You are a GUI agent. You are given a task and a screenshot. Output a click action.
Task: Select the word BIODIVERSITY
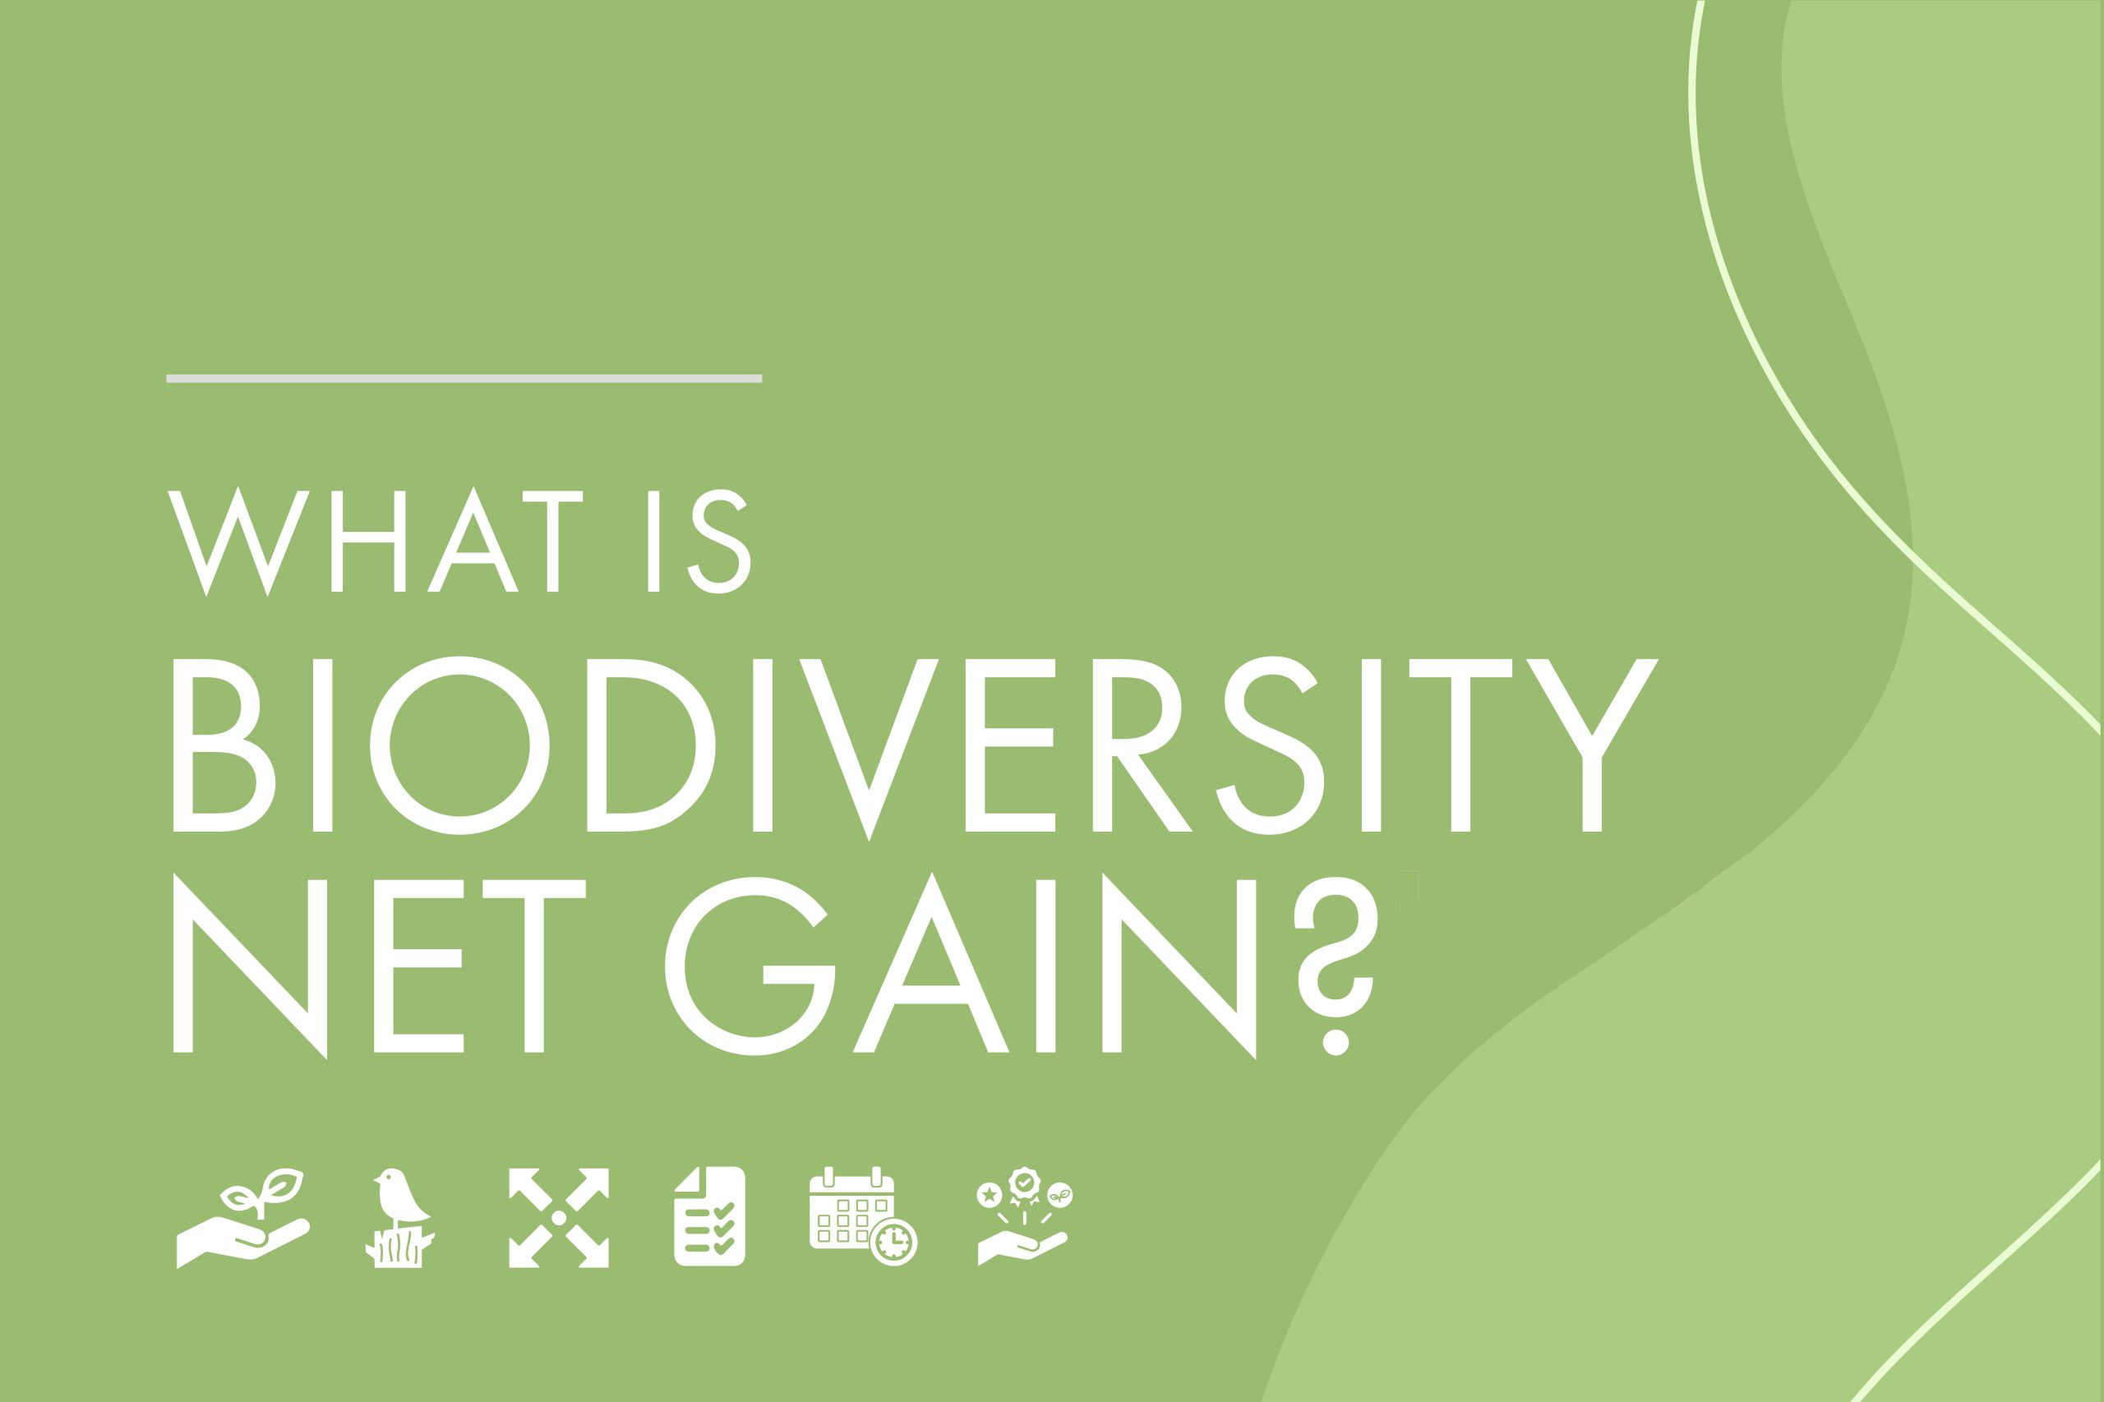click(x=915, y=745)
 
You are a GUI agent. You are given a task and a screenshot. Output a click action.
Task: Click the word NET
click(x=379, y=966)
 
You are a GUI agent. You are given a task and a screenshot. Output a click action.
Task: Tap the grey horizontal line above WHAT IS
click(x=464, y=378)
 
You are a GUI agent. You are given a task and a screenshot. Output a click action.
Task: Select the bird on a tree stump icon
click(x=399, y=1217)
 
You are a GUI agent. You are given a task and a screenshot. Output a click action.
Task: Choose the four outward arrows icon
click(x=559, y=1218)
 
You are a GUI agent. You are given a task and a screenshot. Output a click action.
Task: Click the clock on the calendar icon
click(x=894, y=1241)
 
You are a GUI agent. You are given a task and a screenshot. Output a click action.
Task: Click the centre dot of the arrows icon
click(x=559, y=1218)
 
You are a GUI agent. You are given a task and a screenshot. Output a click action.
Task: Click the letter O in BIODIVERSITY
click(x=459, y=745)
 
